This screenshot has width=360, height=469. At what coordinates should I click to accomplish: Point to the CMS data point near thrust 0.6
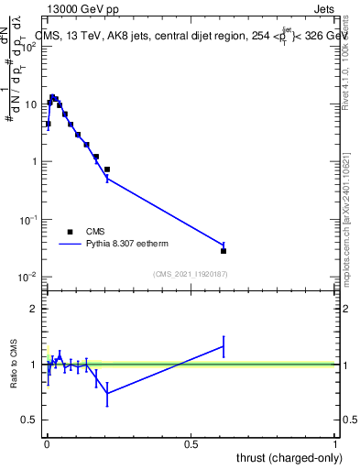(224, 250)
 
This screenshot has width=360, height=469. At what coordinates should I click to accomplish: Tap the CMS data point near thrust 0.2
(107, 169)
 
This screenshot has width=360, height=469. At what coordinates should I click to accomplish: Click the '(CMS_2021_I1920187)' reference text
(191, 273)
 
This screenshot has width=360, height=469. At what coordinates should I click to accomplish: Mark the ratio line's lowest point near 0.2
(107, 393)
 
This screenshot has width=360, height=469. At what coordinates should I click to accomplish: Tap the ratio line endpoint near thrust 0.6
(224, 345)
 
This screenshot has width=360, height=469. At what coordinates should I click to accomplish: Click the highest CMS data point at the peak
(52, 96)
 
